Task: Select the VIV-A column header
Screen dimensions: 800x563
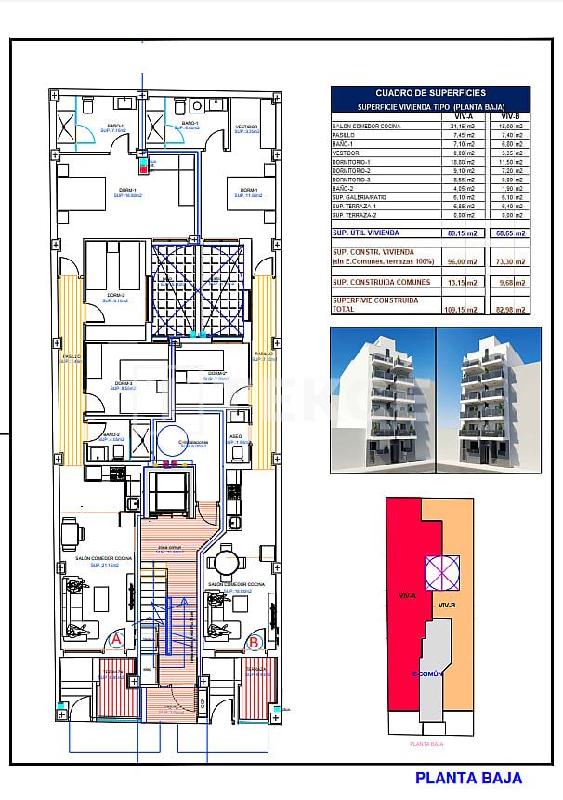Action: tap(464, 116)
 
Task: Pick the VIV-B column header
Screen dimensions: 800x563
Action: tap(510, 116)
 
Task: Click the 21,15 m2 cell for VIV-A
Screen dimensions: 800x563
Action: tap(464, 126)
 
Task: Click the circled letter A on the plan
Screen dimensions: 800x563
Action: tap(116, 640)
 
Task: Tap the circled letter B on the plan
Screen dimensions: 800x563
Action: tap(253, 642)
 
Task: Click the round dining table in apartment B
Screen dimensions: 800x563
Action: tap(225, 562)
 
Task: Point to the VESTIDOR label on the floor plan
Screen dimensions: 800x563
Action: tap(246, 126)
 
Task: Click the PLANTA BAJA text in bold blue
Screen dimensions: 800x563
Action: tap(468, 778)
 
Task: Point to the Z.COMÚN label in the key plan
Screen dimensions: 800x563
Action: tap(429, 673)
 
